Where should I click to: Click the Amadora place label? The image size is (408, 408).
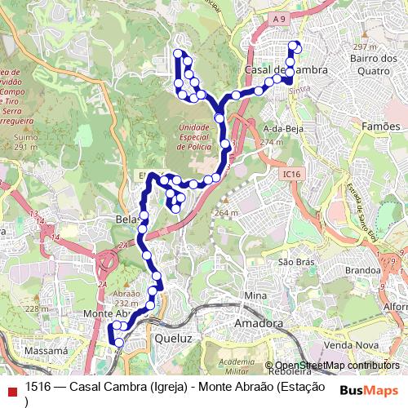(x=259, y=324)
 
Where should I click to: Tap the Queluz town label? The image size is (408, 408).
(x=172, y=335)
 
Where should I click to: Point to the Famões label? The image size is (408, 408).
(x=380, y=126)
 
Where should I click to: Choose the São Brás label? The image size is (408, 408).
(x=296, y=262)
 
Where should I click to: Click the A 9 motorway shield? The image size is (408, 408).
(x=280, y=19)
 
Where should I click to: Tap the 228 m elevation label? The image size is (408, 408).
(x=36, y=308)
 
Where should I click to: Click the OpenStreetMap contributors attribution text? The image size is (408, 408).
(x=337, y=366)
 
